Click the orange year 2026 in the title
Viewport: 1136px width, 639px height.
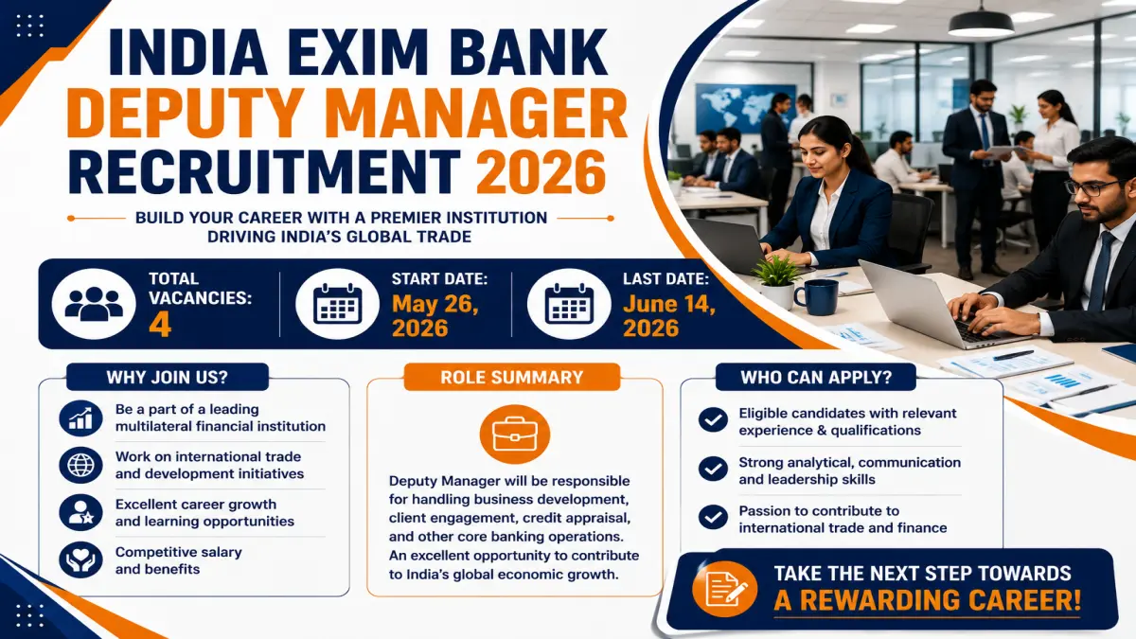[x=541, y=171]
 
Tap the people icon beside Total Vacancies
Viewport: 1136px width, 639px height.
[x=94, y=304]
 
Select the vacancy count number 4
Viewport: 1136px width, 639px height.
[x=160, y=326]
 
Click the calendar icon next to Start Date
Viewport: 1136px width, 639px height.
[x=337, y=304]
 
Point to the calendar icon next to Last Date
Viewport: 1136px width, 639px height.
[x=569, y=304]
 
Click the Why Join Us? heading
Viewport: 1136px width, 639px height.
[x=168, y=378]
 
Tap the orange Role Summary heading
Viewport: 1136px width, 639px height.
[x=512, y=378]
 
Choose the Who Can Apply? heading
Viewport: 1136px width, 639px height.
[x=816, y=378]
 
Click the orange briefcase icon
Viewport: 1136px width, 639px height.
[x=515, y=435]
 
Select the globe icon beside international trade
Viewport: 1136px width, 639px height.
[x=80, y=465]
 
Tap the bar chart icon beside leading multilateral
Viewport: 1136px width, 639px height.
[x=80, y=417]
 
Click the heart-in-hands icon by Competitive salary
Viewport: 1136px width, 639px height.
[x=80, y=559]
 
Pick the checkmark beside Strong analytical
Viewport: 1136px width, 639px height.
[x=713, y=469]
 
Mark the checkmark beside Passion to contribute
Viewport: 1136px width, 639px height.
[x=713, y=517]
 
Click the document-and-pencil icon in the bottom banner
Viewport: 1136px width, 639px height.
[x=725, y=589]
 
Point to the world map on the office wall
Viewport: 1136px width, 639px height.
[x=744, y=107]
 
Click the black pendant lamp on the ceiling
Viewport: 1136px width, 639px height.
[x=981, y=23]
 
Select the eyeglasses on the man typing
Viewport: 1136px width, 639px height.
[x=1095, y=187]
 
